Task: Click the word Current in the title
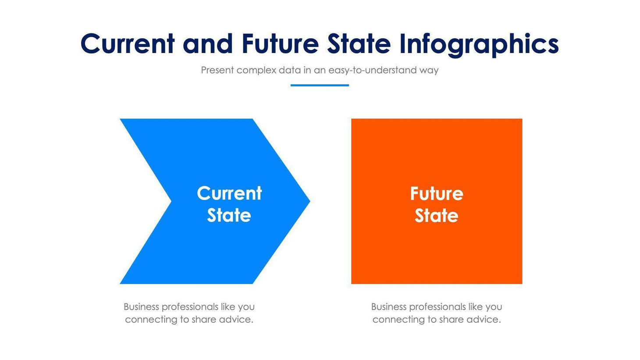pos(128,44)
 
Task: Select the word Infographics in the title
pos(479,45)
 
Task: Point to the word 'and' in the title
pos(207,44)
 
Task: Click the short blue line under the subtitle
pos(320,85)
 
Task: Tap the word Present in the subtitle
pos(217,70)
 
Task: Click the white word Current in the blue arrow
pos(229,193)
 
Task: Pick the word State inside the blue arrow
pos(229,215)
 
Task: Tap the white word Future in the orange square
pos(437,194)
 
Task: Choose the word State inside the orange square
pos(437,216)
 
